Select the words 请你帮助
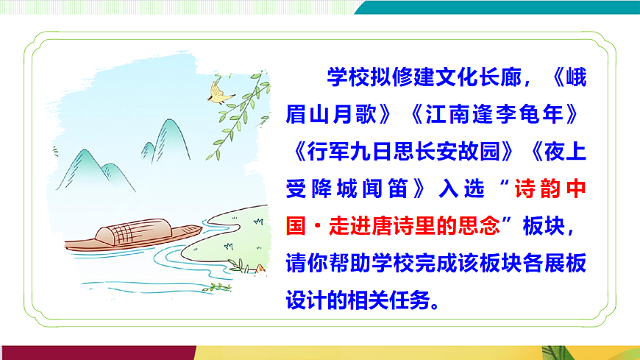click(x=330, y=263)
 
